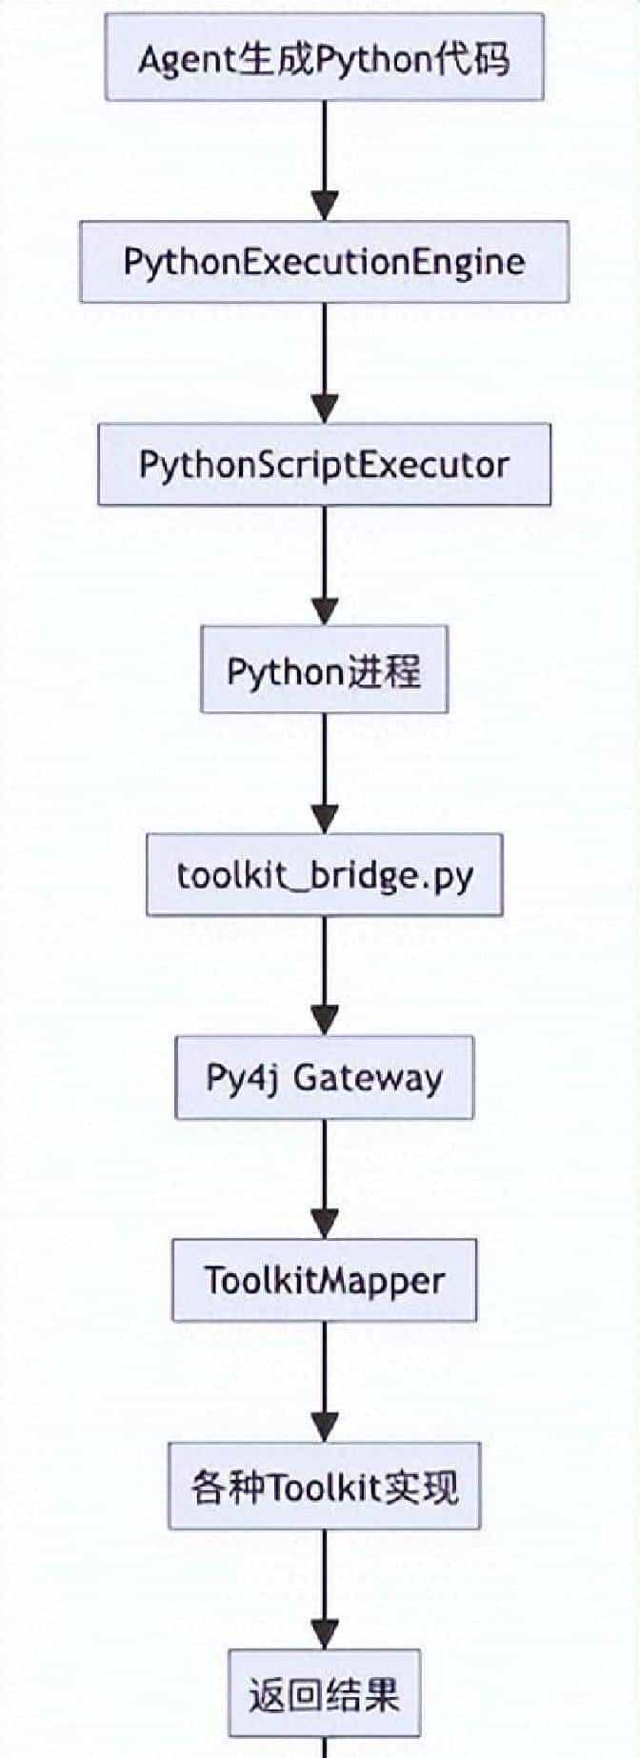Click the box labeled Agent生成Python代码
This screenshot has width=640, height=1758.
[x=324, y=58]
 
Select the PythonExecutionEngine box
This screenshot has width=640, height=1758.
[x=324, y=262]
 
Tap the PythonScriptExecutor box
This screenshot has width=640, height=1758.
[x=324, y=465]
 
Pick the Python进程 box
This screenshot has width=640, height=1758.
[x=324, y=669]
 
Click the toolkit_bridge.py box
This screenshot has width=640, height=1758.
[x=324, y=875]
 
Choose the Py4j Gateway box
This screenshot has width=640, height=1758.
[x=324, y=1077]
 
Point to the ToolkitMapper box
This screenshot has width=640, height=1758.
[x=324, y=1280]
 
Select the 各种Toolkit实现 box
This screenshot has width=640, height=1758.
[x=324, y=1486]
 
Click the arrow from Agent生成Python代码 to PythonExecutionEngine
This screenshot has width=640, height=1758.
[x=325, y=160]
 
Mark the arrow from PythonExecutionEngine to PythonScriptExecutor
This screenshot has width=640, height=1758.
[x=325, y=363]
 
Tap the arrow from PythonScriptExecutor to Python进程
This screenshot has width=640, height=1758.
[x=325, y=565]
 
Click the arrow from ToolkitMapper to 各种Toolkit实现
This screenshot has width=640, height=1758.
[x=325, y=1381]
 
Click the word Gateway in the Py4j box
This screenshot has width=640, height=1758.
[x=368, y=1078]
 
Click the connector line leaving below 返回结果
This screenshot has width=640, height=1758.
[x=325, y=1748]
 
